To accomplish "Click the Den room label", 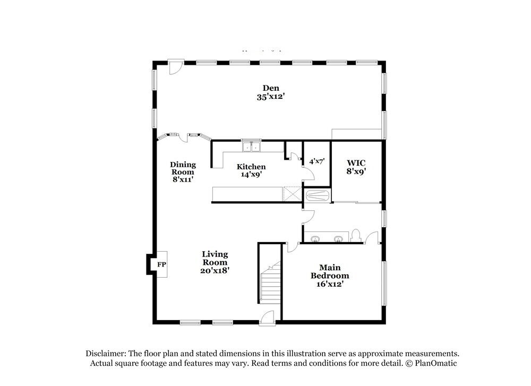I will pyautogui.click(x=270, y=88).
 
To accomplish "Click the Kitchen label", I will pyautogui.click(x=251, y=167).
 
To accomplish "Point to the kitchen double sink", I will pyautogui.click(x=251, y=147).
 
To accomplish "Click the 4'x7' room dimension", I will pyautogui.click(x=316, y=161).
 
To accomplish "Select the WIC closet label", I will pyautogui.click(x=356, y=162).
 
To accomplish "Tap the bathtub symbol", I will pyautogui.click(x=317, y=196).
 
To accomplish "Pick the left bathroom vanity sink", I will pyautogui.click(x=315, y=239).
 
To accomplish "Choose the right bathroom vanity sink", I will pyautogui.click(x=338, y=239).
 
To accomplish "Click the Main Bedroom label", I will pyautogui.click(x=330, y=276).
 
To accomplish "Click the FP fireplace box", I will pyautogui.click(x=161, y=264).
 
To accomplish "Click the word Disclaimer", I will pyautogui.click(x=104, y=354).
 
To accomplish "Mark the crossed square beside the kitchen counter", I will pyautogui.click(x=293, y=194).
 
